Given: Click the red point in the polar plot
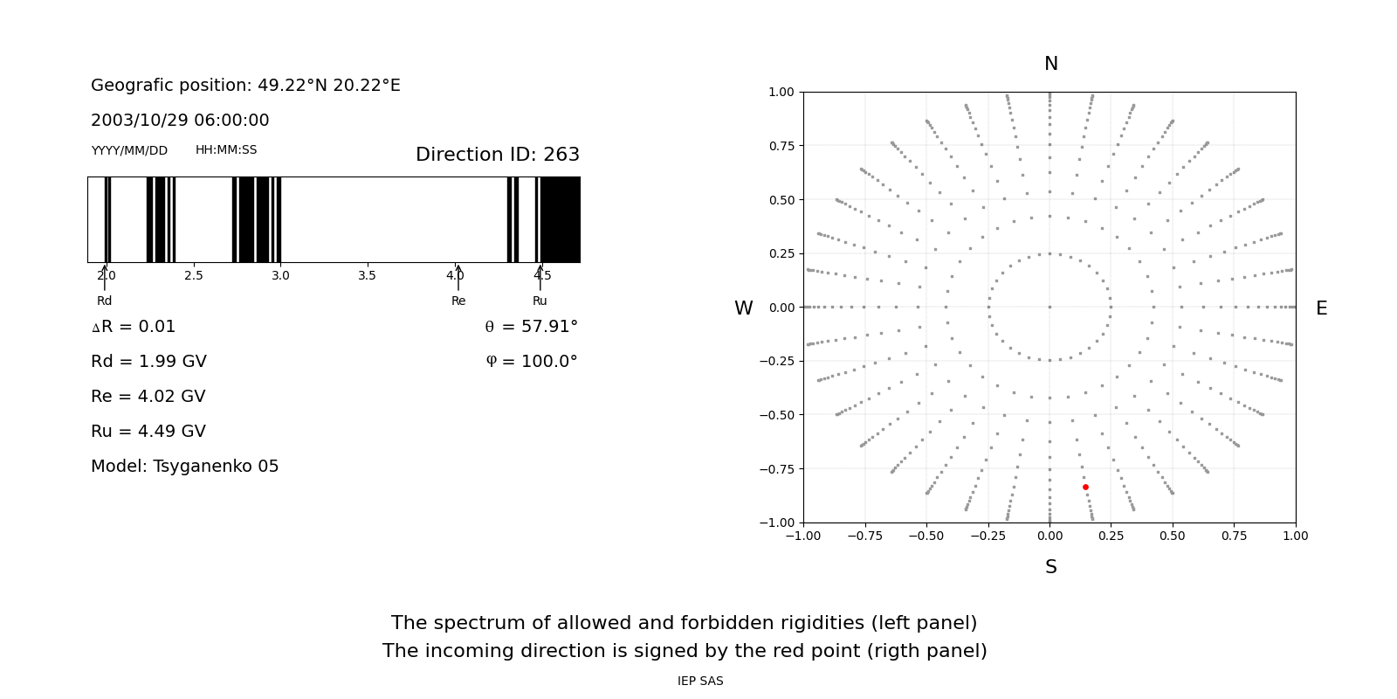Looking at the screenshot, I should (1085, 487).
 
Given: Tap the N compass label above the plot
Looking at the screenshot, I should (1050, 64).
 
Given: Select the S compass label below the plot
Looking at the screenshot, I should (1050, 567).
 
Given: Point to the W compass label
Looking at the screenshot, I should (743, 308).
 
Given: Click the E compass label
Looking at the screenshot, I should (1321, 308).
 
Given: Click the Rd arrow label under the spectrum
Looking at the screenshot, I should (104, 301).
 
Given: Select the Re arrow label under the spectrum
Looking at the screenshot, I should (458, 301).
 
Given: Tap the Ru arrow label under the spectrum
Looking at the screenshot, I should (540, 301).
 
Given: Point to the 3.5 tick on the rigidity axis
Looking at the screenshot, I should (367, 276).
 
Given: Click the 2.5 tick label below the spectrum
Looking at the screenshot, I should (193, 276).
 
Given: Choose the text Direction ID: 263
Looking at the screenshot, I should (497, 155).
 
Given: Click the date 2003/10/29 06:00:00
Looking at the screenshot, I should (180, 121).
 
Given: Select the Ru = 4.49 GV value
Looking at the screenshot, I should (148, 432).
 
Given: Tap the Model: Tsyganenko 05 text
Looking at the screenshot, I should (185, 467).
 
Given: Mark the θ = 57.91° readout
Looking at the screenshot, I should (531, 327).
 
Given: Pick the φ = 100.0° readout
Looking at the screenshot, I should (531, 362).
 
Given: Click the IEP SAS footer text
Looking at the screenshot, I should (700, 682).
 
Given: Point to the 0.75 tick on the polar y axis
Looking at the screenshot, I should (781, 146).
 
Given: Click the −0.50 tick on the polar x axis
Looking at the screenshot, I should (926, 536).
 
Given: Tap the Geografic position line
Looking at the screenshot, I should (245, 86).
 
